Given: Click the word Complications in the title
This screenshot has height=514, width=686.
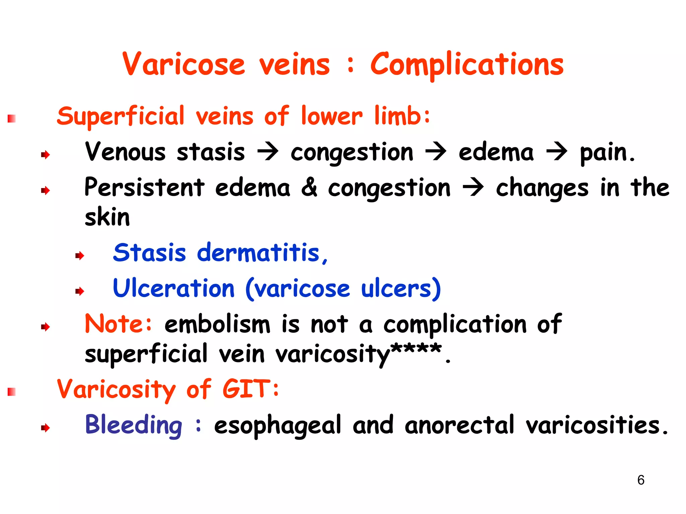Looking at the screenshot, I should point(467,65).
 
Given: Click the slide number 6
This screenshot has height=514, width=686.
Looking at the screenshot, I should point(641,480).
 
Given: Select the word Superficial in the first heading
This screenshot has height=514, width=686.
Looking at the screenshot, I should point(121,117).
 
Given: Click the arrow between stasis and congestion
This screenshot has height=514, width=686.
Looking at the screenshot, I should point(268,152).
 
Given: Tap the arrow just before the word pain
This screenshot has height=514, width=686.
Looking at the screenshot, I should point(557,152).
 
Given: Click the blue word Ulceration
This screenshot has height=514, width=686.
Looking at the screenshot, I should point(174,288).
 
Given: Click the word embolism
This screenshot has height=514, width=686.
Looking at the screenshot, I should point(217,324).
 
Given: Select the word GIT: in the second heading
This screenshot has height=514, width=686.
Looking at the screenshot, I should point(251,389).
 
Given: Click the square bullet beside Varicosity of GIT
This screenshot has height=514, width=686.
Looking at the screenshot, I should point(12,392).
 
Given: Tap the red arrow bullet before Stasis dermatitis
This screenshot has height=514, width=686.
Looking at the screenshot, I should point(79,256).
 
